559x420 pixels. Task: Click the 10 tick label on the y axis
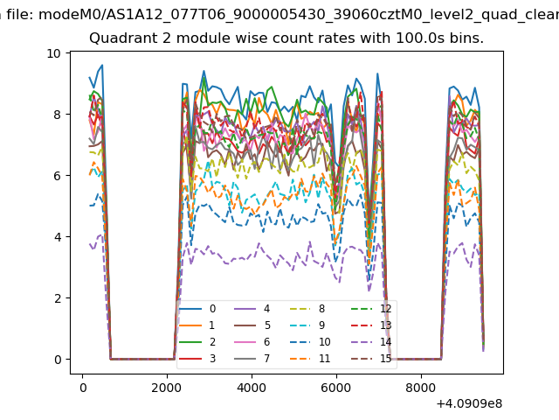click(x=54, y=53)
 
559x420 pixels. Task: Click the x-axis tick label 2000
click(x=167, y=383)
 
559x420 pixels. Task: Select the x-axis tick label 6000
click(x=336, y=383)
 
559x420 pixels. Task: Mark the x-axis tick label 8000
click(x=421, y=383)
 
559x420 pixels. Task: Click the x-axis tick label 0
click(x=82, y=383)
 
